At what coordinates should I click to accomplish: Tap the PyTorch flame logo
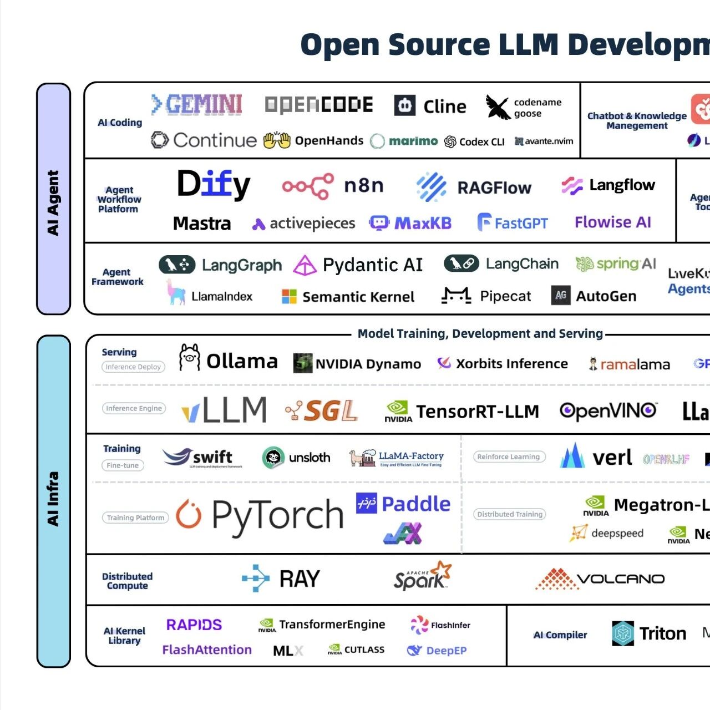point(189,514)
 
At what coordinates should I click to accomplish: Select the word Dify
point(214,184)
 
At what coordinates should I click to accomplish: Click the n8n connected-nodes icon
point(308,186)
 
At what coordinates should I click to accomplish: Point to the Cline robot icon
point(405,105)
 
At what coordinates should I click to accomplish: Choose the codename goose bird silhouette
point(498,107)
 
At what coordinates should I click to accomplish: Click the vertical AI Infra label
point(53,499)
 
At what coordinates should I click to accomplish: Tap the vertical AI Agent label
point(53,202)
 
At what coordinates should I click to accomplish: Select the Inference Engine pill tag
point(134,408)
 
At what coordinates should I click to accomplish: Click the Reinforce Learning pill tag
point(509,457)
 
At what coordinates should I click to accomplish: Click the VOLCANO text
point(621,579)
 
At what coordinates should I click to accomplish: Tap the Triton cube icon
point(623,633)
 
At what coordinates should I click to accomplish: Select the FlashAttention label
point(207,650)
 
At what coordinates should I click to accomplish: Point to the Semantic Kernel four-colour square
point(289,296)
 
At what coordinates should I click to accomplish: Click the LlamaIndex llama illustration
point(176,292)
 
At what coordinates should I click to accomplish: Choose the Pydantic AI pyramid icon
point(305,265)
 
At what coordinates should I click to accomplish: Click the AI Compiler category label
point(560,635)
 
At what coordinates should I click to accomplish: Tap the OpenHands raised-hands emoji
point(277,140)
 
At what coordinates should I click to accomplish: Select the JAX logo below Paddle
point(403,534)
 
